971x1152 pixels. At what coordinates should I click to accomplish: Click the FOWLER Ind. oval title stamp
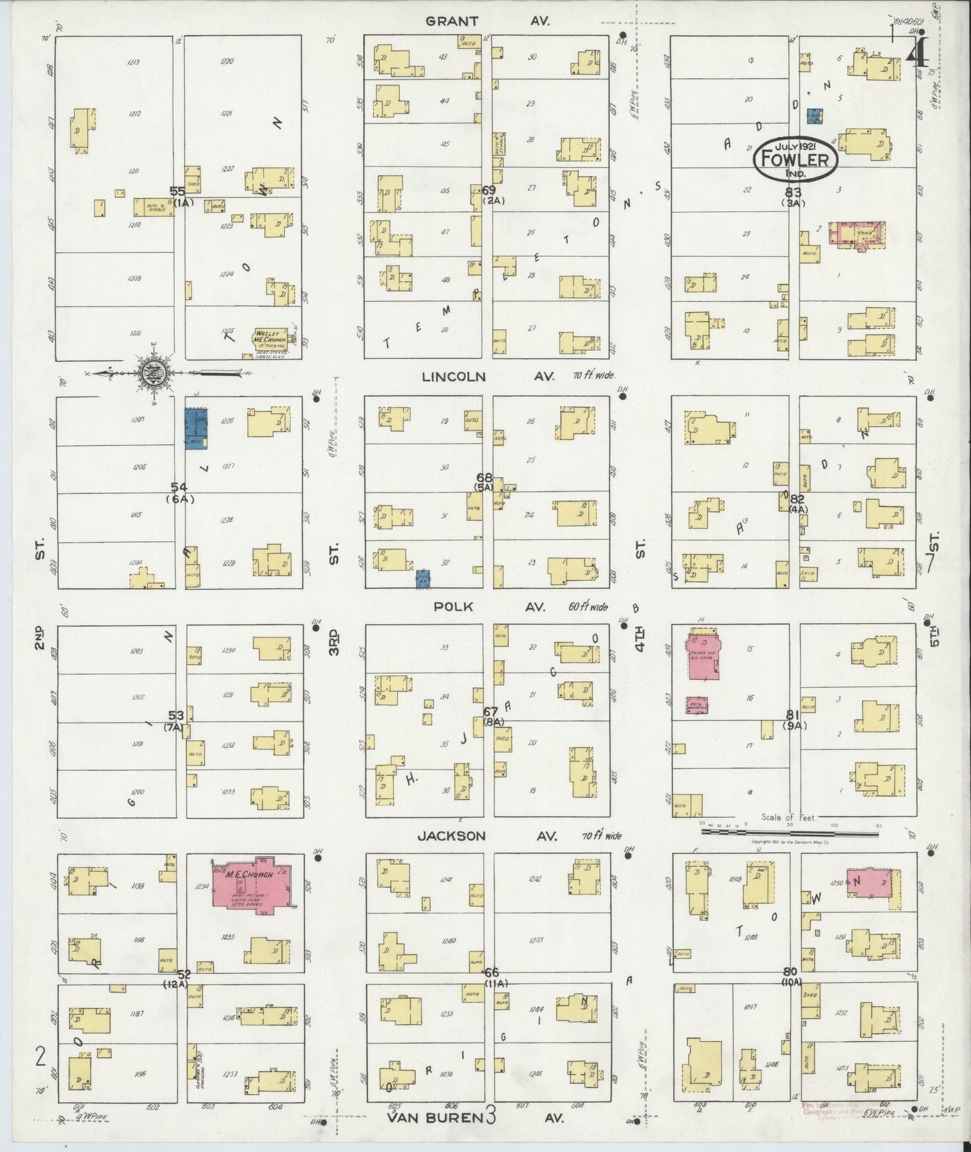pos(796,160)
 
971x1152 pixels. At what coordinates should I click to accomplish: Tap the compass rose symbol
pos(154,372)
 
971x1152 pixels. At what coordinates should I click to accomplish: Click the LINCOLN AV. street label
pos(487,377)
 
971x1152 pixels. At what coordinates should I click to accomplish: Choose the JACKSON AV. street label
pos(487,836)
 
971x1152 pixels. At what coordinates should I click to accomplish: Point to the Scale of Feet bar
pos(790,832)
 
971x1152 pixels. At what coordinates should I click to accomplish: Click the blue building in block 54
pos(196,428)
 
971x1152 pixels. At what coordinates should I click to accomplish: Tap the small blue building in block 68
pos(423,579)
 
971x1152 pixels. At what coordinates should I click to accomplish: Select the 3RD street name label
pos(334,642)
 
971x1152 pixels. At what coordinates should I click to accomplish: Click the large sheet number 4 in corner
pos(917,50)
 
